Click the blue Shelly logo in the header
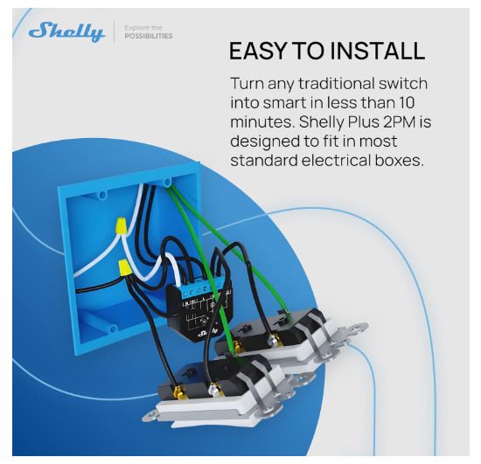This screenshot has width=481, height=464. coord(66,31)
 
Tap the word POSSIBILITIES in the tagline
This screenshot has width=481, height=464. coord(149,36)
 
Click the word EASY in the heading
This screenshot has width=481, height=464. coord(257,51)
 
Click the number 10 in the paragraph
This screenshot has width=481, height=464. coord(406,102)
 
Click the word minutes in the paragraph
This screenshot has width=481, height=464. coord(262,122)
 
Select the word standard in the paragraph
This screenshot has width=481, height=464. coord(264,160)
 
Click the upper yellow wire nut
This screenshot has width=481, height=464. coord(121,226)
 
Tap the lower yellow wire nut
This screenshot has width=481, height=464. coord(125,267)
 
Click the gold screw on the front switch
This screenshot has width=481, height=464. coord(177,392)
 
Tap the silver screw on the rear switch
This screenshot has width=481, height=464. coord(272,340)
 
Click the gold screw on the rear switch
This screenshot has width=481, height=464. coord(236,344)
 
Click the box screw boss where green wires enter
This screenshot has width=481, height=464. coord(167,183)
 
